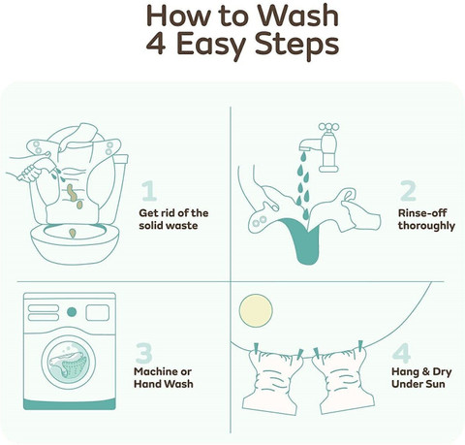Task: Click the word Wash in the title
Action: pyautogui.click(x=297, y=16)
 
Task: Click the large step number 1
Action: pyautogui.click(x=149, y=191)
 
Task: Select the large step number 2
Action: pyautogui.click(x=408, y=191)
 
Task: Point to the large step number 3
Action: pyautogui.click(x=144, y=353)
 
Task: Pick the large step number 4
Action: pyautogui.click(x=402, y=353)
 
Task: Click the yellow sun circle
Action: pyautogui.click(x=256, y=310)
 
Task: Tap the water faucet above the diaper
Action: pyautogui.click(x=321, y=146)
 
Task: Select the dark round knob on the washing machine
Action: pyautogui.click(x=72, y=312)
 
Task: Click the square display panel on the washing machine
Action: pyautogui.click(x=98, y=312)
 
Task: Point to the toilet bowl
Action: pyautogui.click(x=75, y=240)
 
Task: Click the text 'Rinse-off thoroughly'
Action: pyautogui.click(x=426, y=219)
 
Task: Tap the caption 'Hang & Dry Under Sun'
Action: pyautogui.click(x=421, y=378)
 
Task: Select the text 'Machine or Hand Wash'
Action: pyautogui.click(x=164, y=378)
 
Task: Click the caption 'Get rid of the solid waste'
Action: pyautogui.click(x=173, y=219)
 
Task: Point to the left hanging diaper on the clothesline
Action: pyautogui.click(x=272, y=382)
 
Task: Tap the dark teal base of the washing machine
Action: pyautogui.click(x=70, y=404)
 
